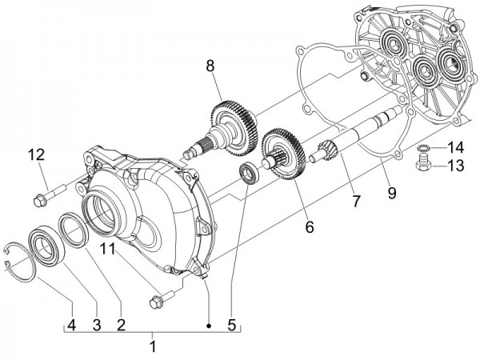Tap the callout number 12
click(x=38, y=155)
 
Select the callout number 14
click(x=454, y=147)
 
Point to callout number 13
click(x=454, y=166)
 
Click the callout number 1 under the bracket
click(x=153, y=347)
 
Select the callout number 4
click(x=71, y=325)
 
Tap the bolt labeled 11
click(x=157, y=301)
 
